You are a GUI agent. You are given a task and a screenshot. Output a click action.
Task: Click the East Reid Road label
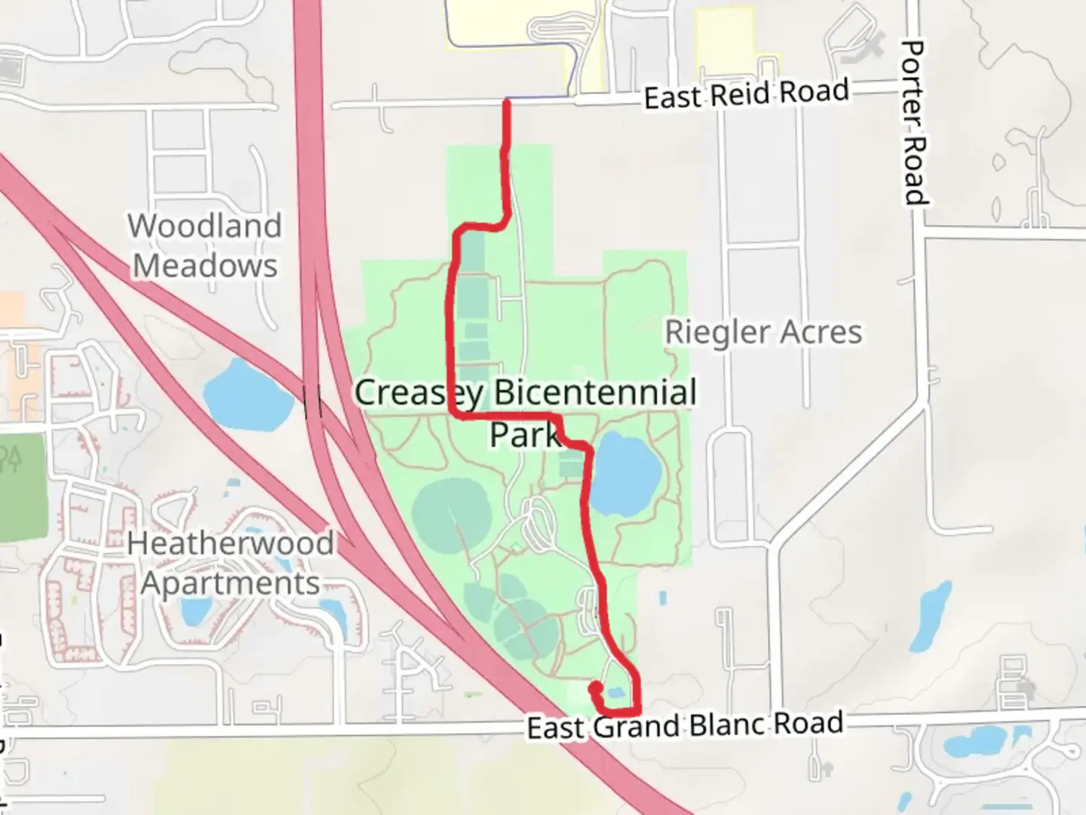746,94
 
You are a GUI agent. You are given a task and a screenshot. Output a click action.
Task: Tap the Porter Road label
914,122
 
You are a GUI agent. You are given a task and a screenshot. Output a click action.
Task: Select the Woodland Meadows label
205,245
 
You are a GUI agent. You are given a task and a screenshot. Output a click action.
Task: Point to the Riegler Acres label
763,332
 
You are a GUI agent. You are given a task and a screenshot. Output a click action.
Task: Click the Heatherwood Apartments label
230,563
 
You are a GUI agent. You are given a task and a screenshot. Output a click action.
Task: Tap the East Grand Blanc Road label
685,725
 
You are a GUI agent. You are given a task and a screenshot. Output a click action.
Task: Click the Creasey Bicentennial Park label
526,412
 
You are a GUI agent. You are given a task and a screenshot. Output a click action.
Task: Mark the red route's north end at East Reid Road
507,102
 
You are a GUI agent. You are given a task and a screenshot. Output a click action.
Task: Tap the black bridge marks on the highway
313,401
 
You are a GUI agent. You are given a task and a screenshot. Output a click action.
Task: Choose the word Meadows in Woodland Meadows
205,266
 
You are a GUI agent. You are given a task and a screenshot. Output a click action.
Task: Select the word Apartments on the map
230,583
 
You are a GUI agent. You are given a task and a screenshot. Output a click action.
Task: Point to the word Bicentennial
595,393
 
